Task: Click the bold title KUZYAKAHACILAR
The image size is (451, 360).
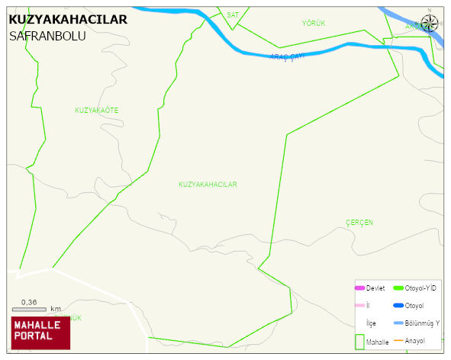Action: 68,20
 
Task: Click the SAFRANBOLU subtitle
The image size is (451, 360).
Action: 47,36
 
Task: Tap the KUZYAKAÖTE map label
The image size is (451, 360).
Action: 96,111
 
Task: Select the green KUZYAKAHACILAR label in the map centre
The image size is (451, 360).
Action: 208,185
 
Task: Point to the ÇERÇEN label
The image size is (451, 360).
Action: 359,222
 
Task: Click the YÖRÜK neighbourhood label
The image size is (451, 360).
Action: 314,24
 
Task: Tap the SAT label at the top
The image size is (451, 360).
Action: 233,14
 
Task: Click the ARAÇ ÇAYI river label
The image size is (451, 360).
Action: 287,56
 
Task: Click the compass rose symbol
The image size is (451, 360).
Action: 430,22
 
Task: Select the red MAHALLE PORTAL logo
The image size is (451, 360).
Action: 40,333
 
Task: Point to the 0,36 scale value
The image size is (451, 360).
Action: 29,302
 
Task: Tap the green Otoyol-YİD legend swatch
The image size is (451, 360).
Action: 398,288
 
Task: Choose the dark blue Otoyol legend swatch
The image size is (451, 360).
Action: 398,305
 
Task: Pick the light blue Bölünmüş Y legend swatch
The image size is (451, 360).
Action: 398,323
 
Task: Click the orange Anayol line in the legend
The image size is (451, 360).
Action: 398,340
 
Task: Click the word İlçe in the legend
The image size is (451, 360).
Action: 371,323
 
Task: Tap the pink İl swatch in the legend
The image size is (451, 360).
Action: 359,305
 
